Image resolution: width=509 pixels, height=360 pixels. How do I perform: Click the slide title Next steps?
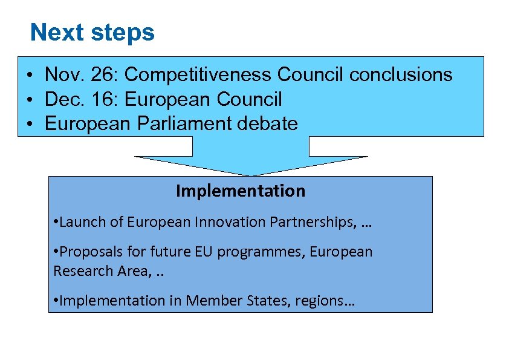point(92,32)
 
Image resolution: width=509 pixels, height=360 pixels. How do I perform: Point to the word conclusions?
point(401,74)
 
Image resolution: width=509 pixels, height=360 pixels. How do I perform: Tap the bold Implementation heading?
point(241,191)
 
